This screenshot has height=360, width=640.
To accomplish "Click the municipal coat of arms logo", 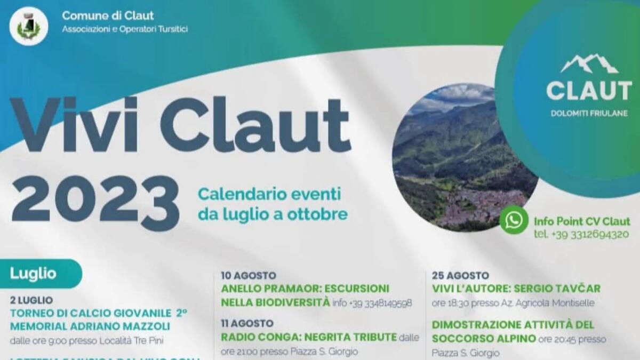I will (28, 26).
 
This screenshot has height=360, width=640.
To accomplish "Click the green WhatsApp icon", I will (514, 220).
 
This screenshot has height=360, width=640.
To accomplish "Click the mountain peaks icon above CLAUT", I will (589, 64).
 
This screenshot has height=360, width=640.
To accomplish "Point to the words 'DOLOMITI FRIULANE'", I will (589, 113).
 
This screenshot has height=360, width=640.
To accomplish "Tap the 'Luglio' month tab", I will (33, 274).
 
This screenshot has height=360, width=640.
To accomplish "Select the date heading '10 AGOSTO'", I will (248, 276).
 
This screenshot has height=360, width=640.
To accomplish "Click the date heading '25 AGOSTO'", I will (460, 276).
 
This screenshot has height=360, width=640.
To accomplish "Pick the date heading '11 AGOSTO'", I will (247, 323).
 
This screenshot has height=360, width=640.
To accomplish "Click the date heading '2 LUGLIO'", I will (31, 300).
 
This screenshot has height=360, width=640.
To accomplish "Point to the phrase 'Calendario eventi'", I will (269, 193).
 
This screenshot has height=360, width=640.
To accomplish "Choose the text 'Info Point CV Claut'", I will (582, 221).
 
